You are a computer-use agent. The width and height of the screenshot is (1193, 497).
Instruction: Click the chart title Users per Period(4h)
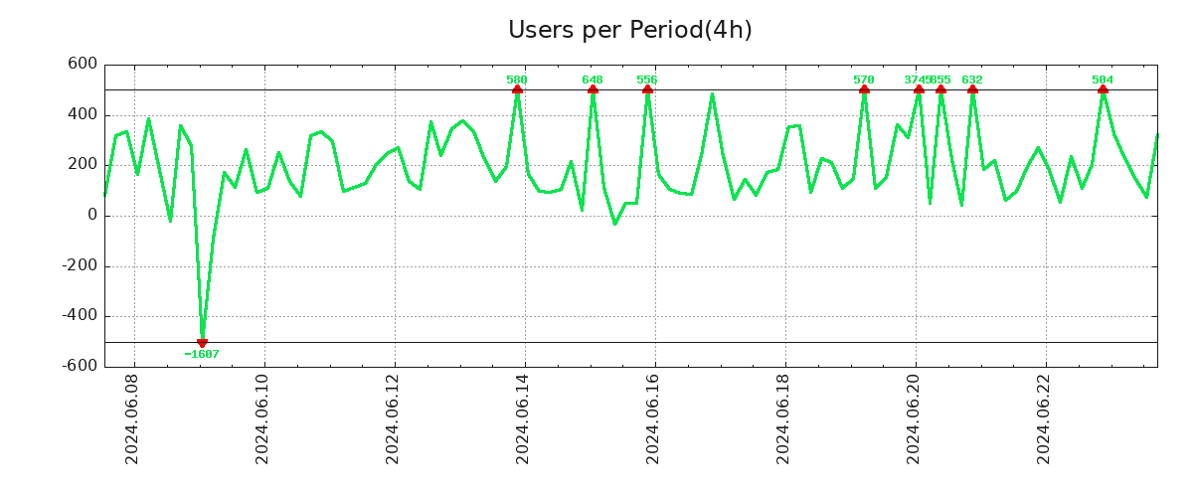click(629, 30)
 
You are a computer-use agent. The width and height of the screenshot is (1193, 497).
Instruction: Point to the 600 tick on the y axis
click(81, 64)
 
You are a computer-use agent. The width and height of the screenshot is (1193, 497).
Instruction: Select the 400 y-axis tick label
click(81, 114)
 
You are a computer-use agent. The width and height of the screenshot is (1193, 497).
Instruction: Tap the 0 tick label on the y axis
click(91, 215)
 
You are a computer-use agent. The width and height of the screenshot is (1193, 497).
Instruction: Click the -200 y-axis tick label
click(77, 266)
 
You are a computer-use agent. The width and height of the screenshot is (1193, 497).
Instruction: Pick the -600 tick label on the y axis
click(77, 366)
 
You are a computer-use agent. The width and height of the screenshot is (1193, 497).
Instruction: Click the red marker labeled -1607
click(202, 342)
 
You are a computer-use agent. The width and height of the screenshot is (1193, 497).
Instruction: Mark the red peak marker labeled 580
click(517, 90)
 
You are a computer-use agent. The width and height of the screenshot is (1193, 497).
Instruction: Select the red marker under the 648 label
click(593, 90)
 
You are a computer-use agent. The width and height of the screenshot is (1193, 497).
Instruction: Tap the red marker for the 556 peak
click(647, 90)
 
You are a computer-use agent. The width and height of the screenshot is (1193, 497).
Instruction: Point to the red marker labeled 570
click(864, 90)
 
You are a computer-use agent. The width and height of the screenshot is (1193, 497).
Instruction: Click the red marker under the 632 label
click(972, 90)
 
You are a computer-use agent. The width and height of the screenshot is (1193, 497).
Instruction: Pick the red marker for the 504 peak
click(1103, 90)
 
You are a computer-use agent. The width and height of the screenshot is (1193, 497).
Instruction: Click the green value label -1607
click(202, 354)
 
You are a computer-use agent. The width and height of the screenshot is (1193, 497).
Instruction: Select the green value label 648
click(593, 80)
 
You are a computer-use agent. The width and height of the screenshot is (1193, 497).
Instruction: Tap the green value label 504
click(1103, 80)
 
